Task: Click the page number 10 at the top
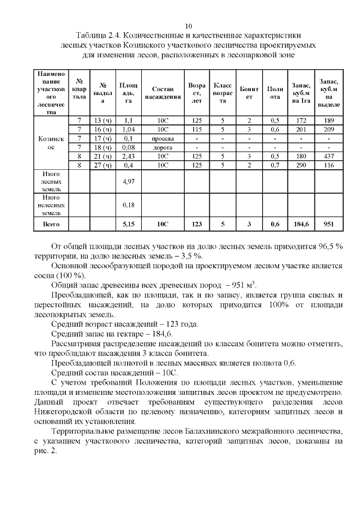tap(188, 26)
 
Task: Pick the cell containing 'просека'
tap(163, 138)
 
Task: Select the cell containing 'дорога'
tap(163, 147)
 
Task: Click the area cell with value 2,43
tap(128, 156)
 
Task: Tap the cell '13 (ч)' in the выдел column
tap(102, 120)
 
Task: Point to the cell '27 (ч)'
tap(102, 165)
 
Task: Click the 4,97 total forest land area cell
tap(128, 182)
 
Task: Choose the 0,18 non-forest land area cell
tap(128, 205)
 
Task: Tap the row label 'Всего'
tap(51, 224)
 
